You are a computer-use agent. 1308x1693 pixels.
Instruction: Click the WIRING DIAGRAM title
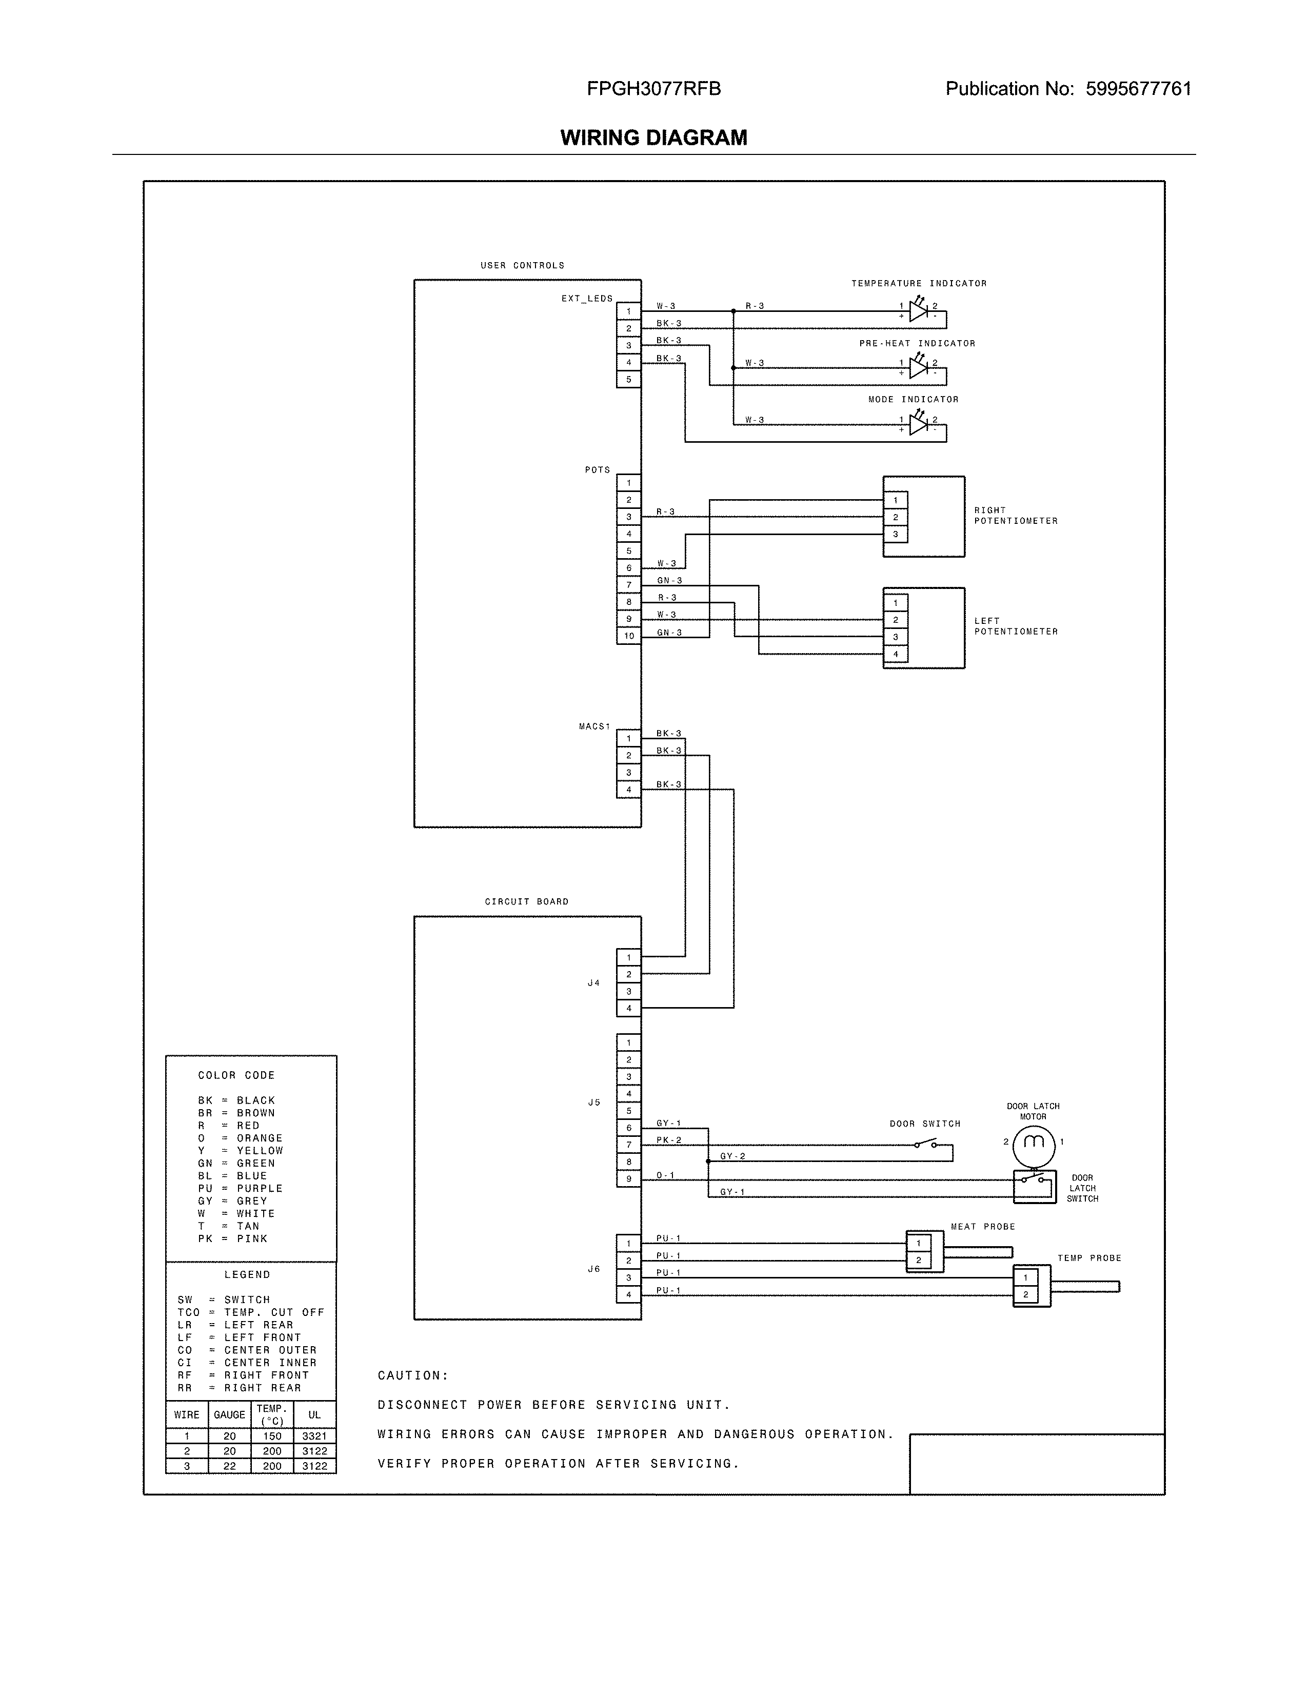(653, 138)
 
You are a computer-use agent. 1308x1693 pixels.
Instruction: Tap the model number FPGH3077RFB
(653, 89)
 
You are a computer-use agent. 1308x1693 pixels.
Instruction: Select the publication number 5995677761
(1138, 89)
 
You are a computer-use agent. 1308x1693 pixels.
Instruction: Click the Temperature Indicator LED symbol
(918, 311)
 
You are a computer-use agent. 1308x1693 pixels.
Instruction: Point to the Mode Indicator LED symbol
(918, 425)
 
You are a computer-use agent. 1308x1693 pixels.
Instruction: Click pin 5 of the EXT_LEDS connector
(628, 380)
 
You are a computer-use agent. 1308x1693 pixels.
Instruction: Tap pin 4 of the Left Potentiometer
(895, 654)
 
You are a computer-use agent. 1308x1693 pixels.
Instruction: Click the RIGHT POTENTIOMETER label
(1015, 516)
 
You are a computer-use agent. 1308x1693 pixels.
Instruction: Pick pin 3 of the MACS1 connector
(628, 773)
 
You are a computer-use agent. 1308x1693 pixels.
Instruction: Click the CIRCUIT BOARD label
(526, 901)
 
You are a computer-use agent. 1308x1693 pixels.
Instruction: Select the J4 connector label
(593, 983)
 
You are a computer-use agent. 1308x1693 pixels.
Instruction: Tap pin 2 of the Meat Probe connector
(918, 1261)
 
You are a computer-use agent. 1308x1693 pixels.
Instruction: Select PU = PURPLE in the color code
(240, 1188)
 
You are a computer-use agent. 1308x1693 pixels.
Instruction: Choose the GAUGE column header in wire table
(229, 1415)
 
